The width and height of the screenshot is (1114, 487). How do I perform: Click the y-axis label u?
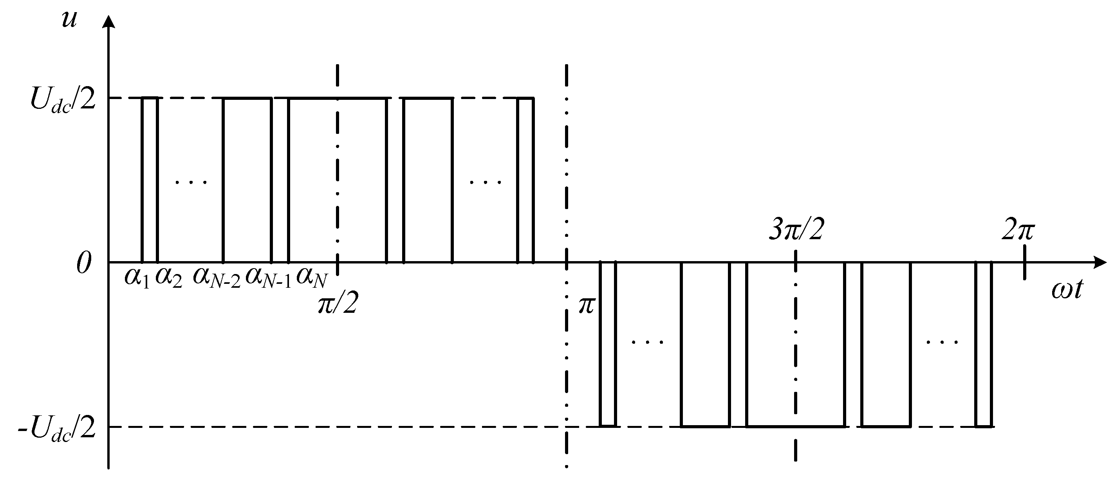point(69,20)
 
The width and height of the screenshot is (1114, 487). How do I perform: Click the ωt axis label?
point(1067,290)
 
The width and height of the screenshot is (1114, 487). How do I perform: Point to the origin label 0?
point(84,263)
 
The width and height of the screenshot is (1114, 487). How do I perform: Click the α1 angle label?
point(137,278)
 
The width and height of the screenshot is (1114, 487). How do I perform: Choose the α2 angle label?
point(169,278)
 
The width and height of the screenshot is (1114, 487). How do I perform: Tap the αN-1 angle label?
point(268,278)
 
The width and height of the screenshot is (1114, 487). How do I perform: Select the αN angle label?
point(311,278)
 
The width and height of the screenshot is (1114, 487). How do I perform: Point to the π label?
point(587,306)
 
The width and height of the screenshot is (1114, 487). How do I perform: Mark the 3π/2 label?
point(796,231)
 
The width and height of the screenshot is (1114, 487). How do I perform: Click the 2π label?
point(1018,231)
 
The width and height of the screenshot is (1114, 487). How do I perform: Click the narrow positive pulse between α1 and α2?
point(150,179)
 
